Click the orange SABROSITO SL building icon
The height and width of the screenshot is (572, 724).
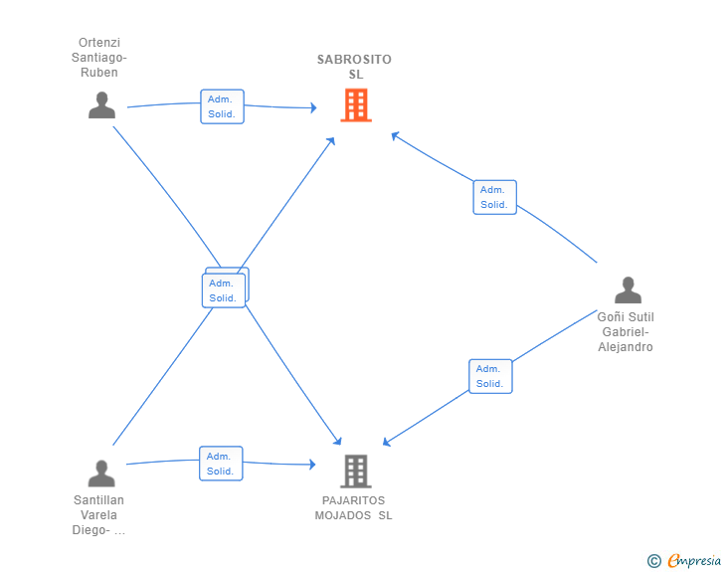pos(356,105)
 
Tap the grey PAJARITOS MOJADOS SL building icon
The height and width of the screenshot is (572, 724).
pos(356,472)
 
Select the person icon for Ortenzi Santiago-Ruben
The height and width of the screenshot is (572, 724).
pos(101,105)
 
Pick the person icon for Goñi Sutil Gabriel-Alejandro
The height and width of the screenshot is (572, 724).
pos(628,289)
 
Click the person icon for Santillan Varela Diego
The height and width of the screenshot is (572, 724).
pos(101,474)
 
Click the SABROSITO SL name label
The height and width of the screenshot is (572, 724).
pos(354,67)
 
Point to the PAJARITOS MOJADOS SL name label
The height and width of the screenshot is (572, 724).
pos(354,507)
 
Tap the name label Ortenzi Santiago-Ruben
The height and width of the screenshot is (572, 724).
pos(98,58)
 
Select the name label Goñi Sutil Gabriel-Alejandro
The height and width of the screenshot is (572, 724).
pos(626,331)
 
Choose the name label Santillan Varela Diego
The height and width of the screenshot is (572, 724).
pos(98,514)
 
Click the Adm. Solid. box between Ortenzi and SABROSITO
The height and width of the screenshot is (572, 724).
pos(222,106)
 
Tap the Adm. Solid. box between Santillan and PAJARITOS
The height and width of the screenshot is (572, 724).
pos(221,464)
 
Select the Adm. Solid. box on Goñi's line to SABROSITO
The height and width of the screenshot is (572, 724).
pos(494,197)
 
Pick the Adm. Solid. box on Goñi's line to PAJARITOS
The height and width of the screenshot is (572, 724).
pos(490,376)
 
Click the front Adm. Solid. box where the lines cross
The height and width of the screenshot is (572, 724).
pos(224,290)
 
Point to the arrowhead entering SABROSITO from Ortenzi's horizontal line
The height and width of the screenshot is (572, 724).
pos(314,107)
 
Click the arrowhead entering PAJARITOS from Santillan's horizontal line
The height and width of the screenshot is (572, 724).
pos(313,465)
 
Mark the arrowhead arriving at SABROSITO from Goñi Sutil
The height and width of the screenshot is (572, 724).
pos(395,135)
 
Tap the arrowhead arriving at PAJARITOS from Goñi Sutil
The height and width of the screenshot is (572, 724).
pos(387,442)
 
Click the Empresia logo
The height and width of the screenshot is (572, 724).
pos(684,560)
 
